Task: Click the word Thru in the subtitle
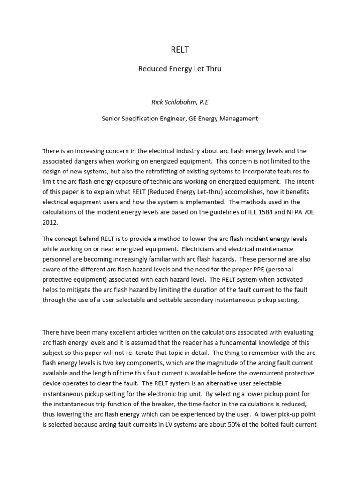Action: click(x=212, y=69)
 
